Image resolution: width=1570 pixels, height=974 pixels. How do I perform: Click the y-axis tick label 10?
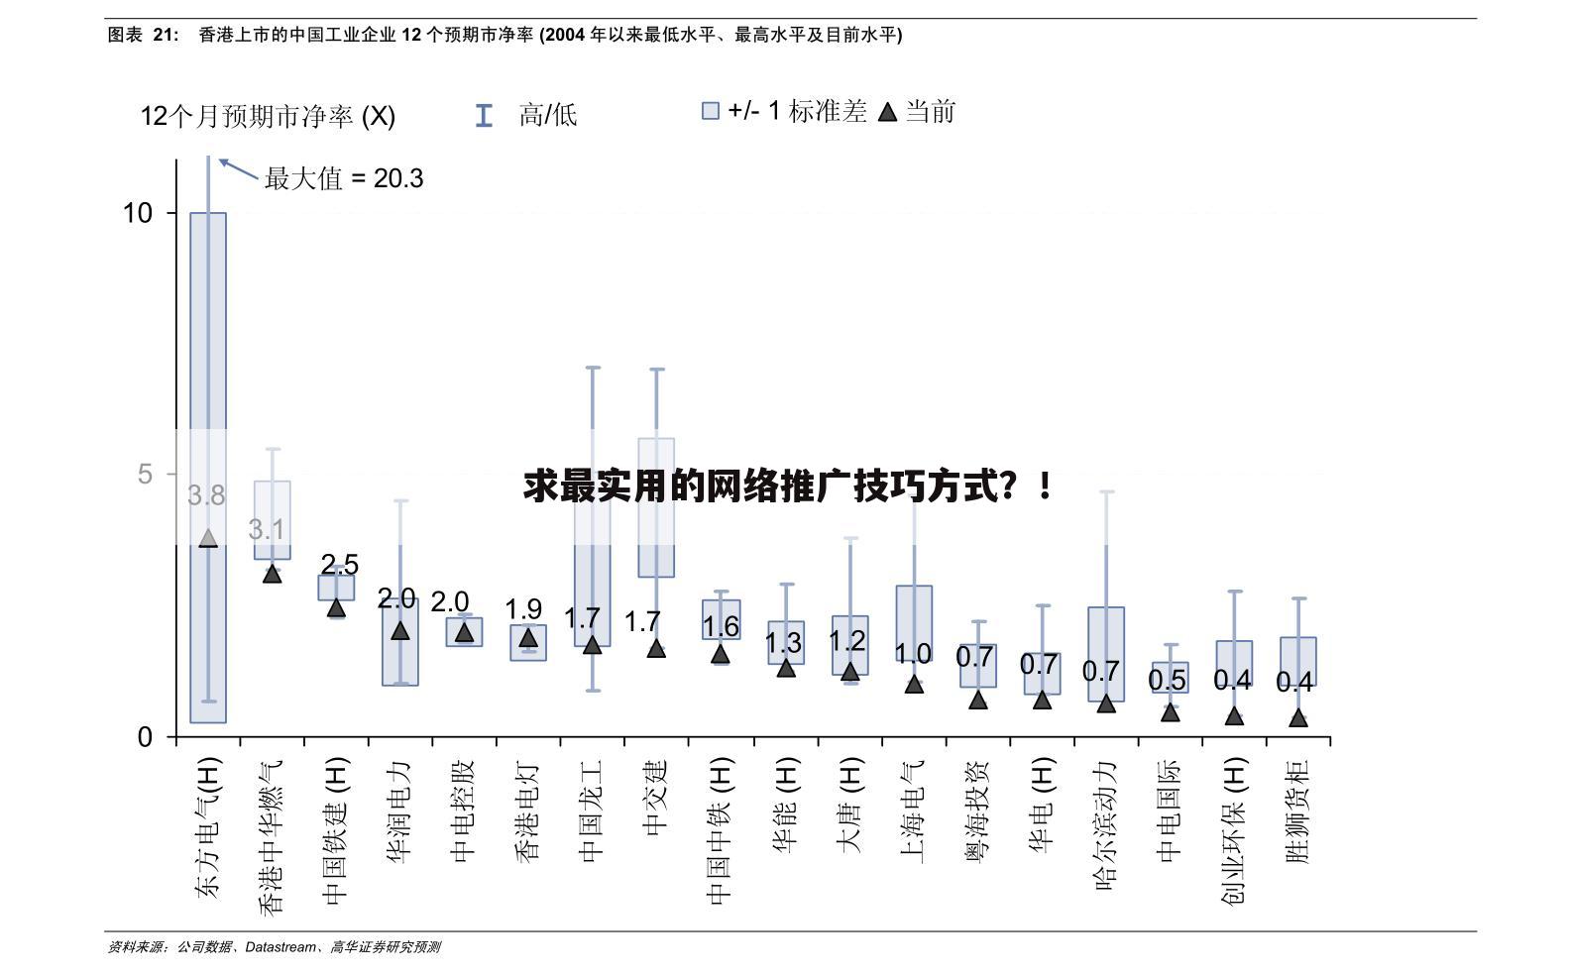(137, 213)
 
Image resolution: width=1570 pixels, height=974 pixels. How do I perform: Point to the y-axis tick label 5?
(145, 475)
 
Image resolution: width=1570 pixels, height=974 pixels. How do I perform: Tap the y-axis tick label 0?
(145, 736)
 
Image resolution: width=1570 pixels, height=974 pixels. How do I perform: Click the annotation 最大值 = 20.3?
(343, 178)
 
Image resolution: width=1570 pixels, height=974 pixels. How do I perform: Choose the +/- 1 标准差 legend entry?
(784, 111)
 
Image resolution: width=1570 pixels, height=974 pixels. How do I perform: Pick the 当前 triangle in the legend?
(888, 112)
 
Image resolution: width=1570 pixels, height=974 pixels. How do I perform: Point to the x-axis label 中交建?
(656, 798)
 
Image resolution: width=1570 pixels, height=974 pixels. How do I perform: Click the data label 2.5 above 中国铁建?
(339, 564)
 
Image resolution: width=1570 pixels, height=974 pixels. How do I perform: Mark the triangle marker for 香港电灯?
(528, 637)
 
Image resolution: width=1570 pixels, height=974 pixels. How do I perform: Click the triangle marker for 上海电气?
(914, 684)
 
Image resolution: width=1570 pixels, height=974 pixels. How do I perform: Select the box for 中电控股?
(464, 631)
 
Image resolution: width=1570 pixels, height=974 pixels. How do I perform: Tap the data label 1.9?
(523, 609)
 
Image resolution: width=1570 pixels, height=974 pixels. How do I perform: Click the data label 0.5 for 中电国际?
(1167, 680)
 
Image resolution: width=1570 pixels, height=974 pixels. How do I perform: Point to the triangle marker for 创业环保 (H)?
(1234, 715)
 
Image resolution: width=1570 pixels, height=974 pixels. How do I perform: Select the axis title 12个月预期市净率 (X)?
(268, 117)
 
